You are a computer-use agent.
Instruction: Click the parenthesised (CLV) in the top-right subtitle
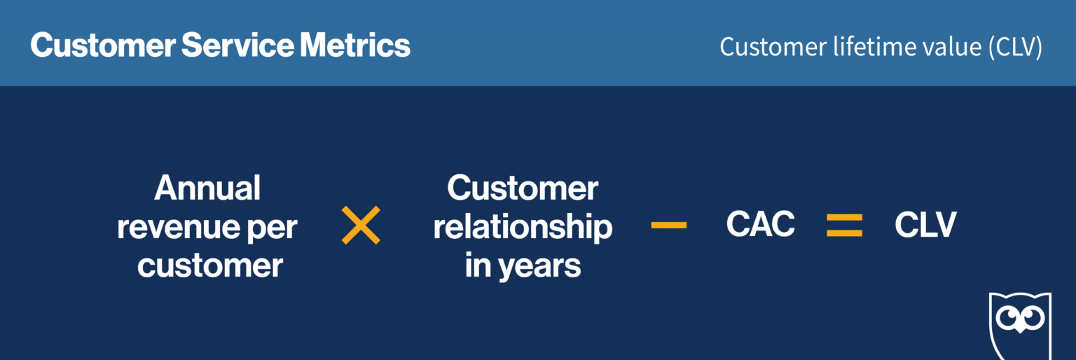(x=1016, y=48)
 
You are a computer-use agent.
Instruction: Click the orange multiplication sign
(x=361, y=226)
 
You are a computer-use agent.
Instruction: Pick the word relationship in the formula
(x=523, y=228)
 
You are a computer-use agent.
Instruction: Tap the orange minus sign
(x=668, y=226)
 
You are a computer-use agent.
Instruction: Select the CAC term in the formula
(x=760, y=225)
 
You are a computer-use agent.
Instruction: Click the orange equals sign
(x=844, y=226)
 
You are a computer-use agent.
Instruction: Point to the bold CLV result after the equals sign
(x=925, y=225)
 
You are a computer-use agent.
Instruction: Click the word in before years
(x=477, y=266)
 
